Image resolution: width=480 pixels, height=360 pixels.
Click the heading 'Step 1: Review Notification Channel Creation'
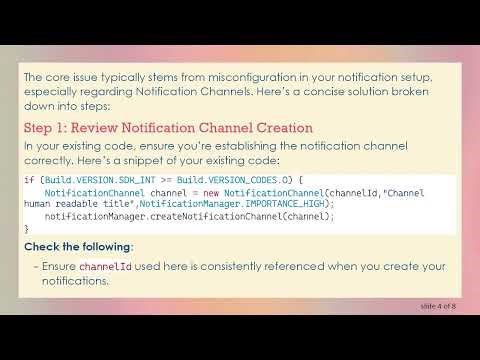click(168, 128)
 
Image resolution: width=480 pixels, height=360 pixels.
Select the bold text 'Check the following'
click(76, 246)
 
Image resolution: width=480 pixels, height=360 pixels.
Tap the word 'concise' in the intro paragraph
click(303, 92)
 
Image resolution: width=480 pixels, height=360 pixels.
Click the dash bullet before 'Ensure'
click(35, 266)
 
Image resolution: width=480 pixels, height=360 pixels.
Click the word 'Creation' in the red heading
click(282, 128)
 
